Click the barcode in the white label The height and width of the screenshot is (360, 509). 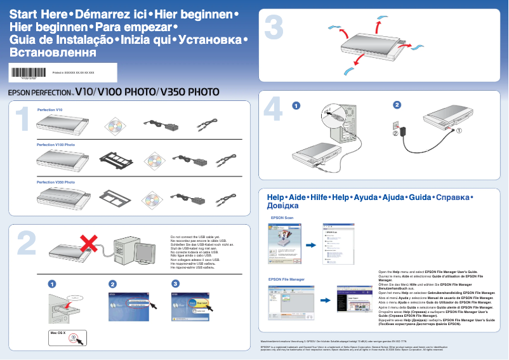pyautogui.click(x=26, y=72)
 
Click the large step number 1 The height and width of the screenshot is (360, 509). pyautogui.click(x=22, y=119)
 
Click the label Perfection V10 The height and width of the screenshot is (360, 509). pyautogui.click(x=50, y=110)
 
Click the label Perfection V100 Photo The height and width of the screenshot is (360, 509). pyautogui.click(x=55, y=145)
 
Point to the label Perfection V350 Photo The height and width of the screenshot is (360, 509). pyautogui.click(x=56, y=182)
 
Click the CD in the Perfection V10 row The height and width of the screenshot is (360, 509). pyautogui.click(x=116, y=126)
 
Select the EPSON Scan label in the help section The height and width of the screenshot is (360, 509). pyautogui.click(x=282, y=217)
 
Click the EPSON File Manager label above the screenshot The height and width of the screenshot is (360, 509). pyautogui.click(x=286, y=279)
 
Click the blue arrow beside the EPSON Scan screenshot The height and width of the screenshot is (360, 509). pyautogui.click(x=311, y=245)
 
